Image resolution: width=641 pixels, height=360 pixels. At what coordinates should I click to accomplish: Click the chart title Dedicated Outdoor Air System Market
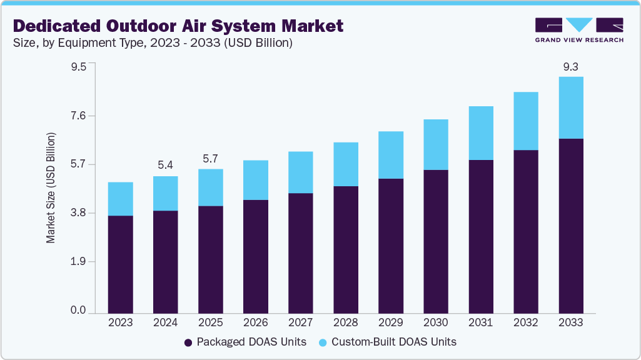pyautogui.click(x=178, y=26)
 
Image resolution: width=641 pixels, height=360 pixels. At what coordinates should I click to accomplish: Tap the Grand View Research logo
pyautogui.click(x=578, y=30)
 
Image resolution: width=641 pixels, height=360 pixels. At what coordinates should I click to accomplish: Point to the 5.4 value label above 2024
pyautogui.click(x=165, y=165)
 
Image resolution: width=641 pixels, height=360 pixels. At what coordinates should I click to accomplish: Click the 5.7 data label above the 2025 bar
pyautogui.click(x=210, y=158)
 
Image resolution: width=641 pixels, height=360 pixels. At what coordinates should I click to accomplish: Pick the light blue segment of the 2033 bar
pyautogui.click(x=570, y=107)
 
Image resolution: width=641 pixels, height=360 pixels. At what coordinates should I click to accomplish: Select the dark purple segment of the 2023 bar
pyautogui.click(x=120, y=264)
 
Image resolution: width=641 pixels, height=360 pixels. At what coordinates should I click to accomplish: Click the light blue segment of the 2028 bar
pyautogui.click(x=345, y=164)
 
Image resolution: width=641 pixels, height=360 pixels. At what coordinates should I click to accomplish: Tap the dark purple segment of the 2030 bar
pyautogui.click(x=435, y=241)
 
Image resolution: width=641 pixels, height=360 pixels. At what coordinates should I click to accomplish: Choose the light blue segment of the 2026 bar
pyautogui.click(x=255, y=180)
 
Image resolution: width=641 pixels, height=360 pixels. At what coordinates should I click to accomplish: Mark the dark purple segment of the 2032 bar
pyautogui.click(x=525, y=231)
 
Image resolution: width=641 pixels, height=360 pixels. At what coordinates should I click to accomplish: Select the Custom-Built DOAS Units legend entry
pyautogui.click(x=387, y=342)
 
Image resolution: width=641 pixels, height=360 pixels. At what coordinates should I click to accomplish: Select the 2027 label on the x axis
pyautogui.click(x=300, y=322)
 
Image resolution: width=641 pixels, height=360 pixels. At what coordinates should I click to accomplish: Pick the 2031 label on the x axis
pyautogui.click(x=480, y=322)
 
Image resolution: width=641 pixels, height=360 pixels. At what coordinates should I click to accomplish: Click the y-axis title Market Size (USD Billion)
pyautogui.click(x=51, y=188)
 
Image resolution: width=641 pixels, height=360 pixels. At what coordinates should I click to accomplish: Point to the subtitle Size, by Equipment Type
pyautogui.click(x=153, y=43)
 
